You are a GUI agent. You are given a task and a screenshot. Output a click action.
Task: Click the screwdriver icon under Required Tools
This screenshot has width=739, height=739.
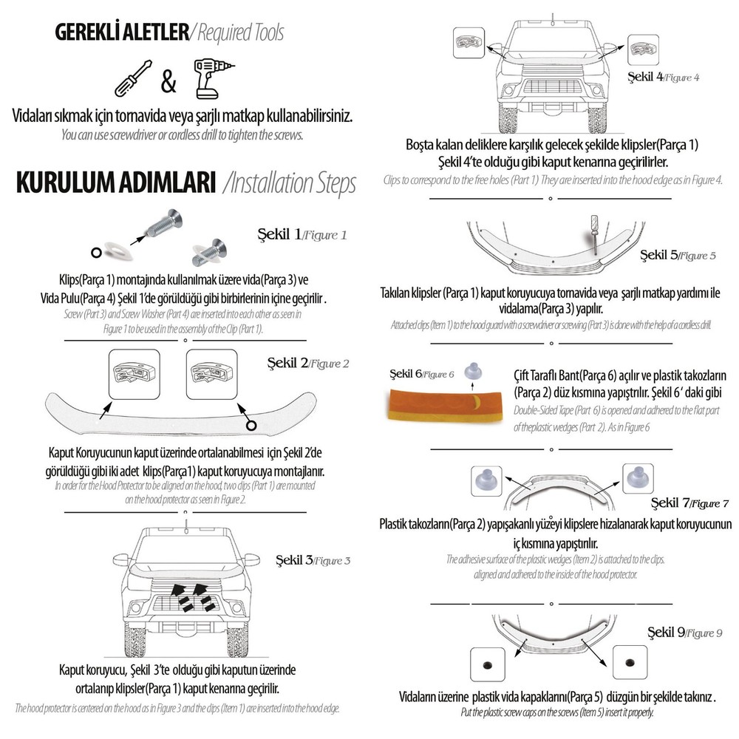tap(133, 78)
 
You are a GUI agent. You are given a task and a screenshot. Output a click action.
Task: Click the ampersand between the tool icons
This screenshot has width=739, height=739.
tap(169, 81)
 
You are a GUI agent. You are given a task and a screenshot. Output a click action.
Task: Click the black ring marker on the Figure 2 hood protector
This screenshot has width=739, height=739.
tap(251, 426)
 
